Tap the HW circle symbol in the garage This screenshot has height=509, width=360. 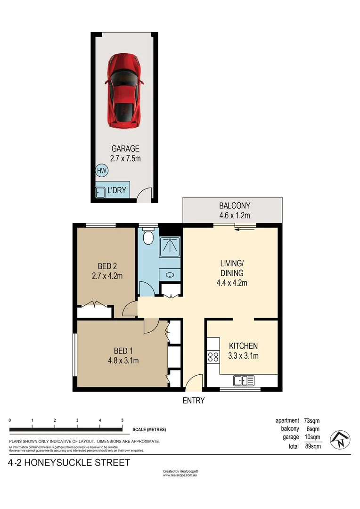click(102, 171)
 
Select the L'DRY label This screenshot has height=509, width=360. click(116, 190)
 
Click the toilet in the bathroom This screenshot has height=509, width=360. click(148, 236)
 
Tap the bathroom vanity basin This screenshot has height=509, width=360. click(170, 275)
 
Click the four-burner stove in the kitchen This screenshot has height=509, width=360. click(213, 357)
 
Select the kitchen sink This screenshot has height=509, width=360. click(244, 380)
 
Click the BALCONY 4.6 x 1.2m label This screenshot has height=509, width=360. click(234, 210)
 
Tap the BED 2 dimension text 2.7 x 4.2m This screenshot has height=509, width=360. click(107, 276)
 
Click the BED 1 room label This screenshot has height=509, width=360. click(123, 351)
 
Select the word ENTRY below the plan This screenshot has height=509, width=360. click(194, 401)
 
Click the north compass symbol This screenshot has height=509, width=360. click(340, 440)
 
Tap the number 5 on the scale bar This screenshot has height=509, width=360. click(123, 420)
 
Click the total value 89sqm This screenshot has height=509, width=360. click(313, 446)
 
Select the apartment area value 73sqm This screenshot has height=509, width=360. click(311, 421)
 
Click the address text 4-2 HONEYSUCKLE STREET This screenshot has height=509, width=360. click(69, 463)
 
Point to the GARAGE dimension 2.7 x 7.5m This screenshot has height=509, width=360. click(125, 159)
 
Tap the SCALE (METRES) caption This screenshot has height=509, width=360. click(149, 429)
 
